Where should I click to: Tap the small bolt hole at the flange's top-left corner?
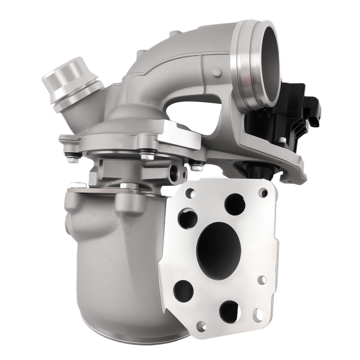[188, 194]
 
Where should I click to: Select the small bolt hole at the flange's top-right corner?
[263, 193]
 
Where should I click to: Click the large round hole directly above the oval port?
[235, 203]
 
